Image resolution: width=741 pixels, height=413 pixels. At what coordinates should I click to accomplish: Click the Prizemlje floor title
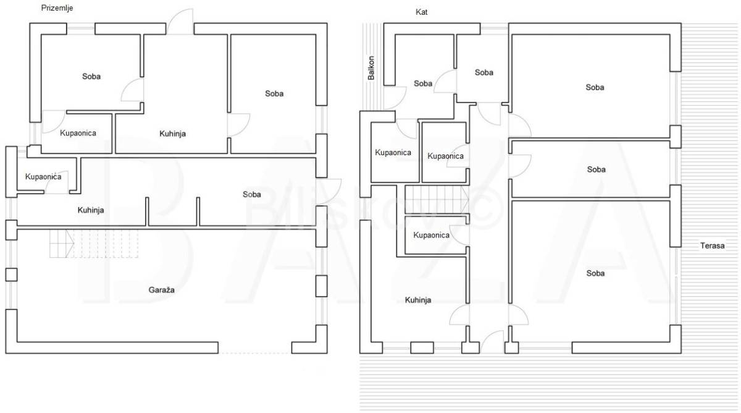point(57,8)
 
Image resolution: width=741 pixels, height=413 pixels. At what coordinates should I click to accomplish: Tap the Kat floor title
point(421,12)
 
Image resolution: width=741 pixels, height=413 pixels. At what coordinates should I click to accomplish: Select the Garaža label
point(161,290)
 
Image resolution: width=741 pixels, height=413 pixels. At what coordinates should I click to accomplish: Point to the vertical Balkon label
point(371,68)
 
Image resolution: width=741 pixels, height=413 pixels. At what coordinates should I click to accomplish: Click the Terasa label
point(712,245)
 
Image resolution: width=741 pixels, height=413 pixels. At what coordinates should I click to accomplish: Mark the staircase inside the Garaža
point(94,244)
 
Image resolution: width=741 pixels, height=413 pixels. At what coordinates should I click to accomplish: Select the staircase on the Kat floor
point(437,199)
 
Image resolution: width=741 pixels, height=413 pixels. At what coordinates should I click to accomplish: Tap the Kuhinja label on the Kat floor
point(418,300)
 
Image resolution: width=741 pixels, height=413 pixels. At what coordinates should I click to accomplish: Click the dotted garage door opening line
point(254,353)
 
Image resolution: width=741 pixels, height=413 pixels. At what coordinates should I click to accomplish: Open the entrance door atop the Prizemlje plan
point(180,21)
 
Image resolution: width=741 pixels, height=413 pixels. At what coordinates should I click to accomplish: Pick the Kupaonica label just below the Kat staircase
point(432,235)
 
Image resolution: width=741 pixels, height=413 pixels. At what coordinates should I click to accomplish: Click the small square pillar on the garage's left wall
point(11,275)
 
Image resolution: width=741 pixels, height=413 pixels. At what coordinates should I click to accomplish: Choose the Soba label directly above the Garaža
point(252,194)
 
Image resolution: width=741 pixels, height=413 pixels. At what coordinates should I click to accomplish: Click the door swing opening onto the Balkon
point(395,98)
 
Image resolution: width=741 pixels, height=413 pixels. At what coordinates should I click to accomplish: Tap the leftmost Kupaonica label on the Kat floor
point(393,153)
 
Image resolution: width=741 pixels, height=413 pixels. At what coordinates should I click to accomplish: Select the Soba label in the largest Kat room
point(595,273)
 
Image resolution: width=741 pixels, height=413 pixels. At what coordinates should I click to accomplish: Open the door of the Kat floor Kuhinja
point(459,315)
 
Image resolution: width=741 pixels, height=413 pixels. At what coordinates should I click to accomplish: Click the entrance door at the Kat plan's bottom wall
point(492,341)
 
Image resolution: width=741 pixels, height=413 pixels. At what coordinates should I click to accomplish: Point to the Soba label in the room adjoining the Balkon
point(423,83)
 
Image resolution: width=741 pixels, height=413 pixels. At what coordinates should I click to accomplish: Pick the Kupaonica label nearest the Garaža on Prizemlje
point(43,177)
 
